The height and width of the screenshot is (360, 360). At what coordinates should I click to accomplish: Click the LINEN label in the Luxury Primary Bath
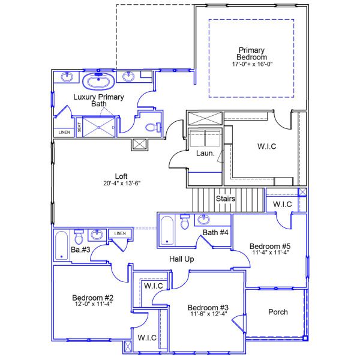[64, 132]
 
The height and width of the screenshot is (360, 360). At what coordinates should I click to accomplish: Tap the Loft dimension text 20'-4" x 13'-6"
[121, 184]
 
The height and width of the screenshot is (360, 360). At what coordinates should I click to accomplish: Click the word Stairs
[226, 199]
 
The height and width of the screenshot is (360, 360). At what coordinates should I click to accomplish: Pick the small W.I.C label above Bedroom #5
[282, 205]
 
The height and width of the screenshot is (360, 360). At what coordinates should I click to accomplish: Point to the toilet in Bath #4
[185, 224]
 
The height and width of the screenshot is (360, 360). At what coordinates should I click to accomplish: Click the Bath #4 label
[215, 232]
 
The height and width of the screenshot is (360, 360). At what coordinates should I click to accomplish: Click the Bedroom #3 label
[208, 307]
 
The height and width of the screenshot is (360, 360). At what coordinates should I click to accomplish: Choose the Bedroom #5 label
[270, 246]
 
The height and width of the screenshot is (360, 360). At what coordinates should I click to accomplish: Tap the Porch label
[277, 312]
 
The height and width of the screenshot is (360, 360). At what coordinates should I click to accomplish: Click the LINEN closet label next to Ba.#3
[120, 233]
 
